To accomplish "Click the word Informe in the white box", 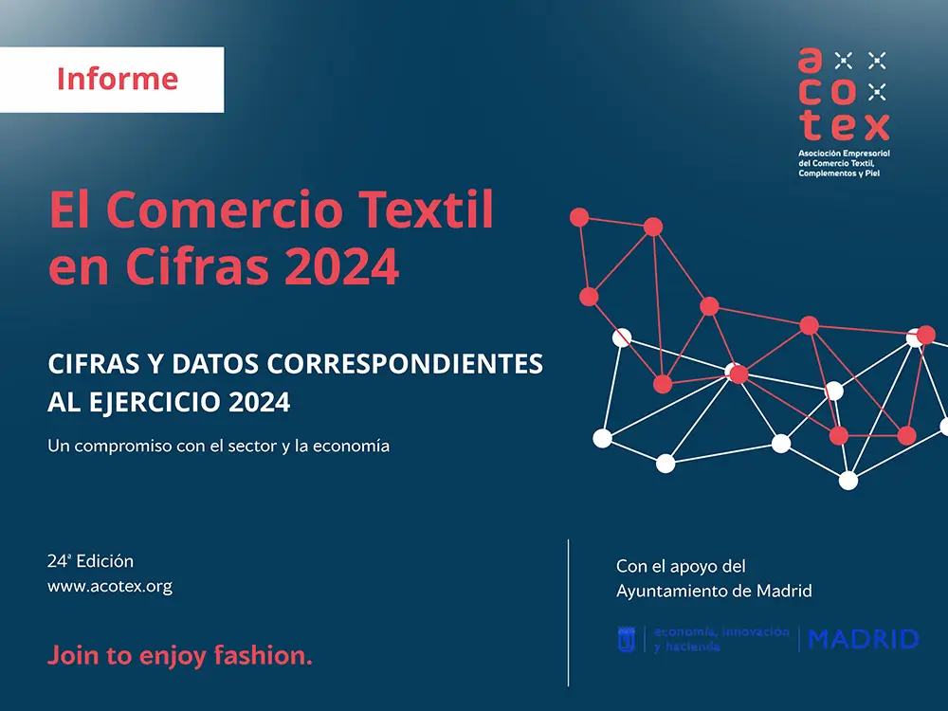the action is pyautogui.click(x=118, y=80).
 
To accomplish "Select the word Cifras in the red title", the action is pyautogui.click(x=197, y=265).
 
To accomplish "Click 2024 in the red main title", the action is pyautogui.click(x=341, y=266).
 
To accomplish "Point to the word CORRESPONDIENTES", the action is pyautogui.click(x=405, y=364).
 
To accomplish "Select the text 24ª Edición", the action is pyautogui.click(x=91, y=561).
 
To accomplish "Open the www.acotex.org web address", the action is pyautogui.click(x=110, y=587).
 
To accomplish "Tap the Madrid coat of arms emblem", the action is pyautogui.click(x=627, y=639).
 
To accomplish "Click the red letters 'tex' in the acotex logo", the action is pyautogui.click(x=845, y=126).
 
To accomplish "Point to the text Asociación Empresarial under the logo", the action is pyautogui.click(x=844, y=154).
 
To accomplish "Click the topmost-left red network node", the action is pyautogui.click(x=579, y=217).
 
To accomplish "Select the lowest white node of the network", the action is pyautogui.click(x=848, y=481).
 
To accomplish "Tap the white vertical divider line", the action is pyautogui.click(x=568, y=612).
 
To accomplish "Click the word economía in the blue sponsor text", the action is pyautogui.click(x=685, y=631).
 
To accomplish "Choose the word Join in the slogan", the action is pyautogui.click(x=73, y=655).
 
